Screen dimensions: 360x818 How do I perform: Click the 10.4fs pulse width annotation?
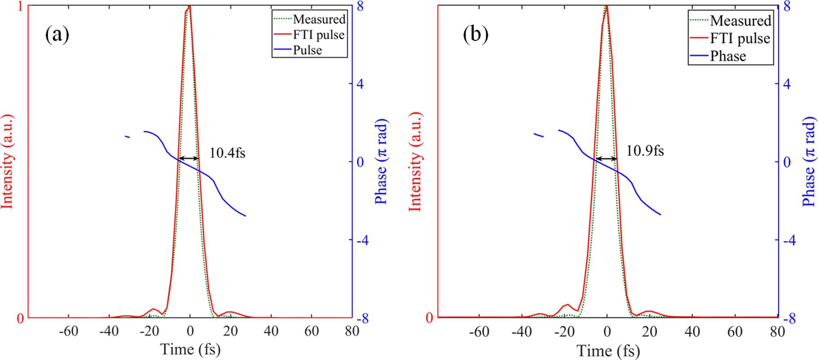point(227,153)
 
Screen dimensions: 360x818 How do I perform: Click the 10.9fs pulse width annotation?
point(645,151)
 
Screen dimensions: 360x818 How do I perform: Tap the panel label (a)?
point(57,35)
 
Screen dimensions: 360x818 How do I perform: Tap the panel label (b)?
point(475,35)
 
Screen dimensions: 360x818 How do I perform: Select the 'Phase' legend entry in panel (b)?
point(728,56)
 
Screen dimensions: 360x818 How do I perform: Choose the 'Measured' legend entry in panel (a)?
point(319,19)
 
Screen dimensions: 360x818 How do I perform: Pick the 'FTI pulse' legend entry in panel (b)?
point(740,38)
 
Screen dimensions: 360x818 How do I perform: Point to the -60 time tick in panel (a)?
point(68,331)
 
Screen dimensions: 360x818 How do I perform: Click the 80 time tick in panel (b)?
point(777,332)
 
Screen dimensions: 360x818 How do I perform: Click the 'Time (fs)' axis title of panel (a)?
point(190,349)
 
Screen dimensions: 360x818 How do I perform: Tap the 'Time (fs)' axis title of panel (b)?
point(608,351)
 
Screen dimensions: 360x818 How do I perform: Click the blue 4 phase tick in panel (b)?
point(786,84)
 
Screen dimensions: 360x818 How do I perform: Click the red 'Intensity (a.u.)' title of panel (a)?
point(8,162)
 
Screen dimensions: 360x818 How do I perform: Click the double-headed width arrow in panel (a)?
point(189,158)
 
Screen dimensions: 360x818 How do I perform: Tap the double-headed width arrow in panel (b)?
point(606,158)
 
